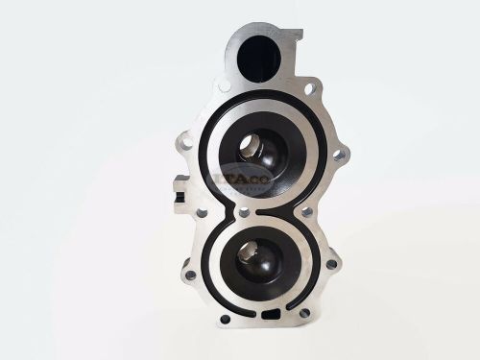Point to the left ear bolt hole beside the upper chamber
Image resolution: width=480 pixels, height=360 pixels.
point(187,144)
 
